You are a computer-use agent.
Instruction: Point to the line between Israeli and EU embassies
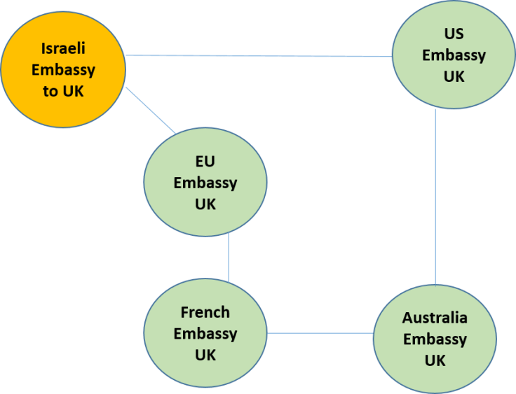151,110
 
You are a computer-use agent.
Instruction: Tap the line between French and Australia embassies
320,333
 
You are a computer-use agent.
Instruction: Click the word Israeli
63,49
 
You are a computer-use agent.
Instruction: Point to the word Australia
435,318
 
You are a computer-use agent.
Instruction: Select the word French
205,312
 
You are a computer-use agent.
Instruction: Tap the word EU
205,162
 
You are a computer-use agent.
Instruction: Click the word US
454,34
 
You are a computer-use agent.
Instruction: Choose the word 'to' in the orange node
50,92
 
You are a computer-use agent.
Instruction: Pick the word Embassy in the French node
205,334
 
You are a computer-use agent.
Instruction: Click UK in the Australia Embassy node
435,361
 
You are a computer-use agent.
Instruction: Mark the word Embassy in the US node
454,55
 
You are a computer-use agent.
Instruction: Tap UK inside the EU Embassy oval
205,204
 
